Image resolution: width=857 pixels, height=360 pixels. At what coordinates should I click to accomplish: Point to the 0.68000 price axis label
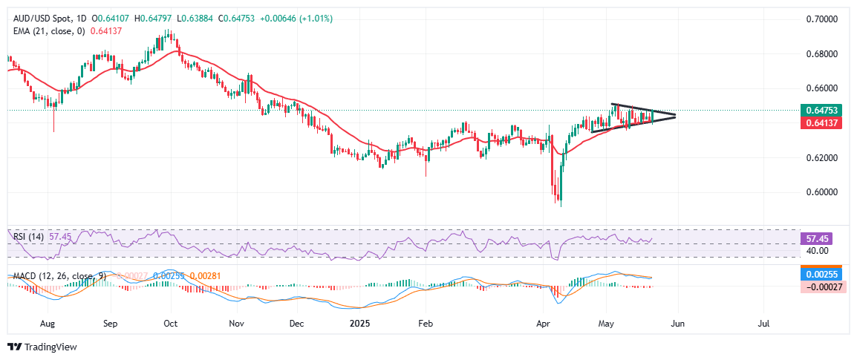821,54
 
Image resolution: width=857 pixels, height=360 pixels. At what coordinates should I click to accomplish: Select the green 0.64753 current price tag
821,111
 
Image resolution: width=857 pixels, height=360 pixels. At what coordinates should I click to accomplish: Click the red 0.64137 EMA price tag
821,122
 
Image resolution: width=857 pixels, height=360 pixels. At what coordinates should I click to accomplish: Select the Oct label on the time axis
170,324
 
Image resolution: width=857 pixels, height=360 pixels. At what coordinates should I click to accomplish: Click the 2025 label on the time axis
359,324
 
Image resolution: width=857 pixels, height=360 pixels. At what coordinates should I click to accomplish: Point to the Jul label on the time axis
763,324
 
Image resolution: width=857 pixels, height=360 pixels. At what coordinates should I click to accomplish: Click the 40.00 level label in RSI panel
817,251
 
